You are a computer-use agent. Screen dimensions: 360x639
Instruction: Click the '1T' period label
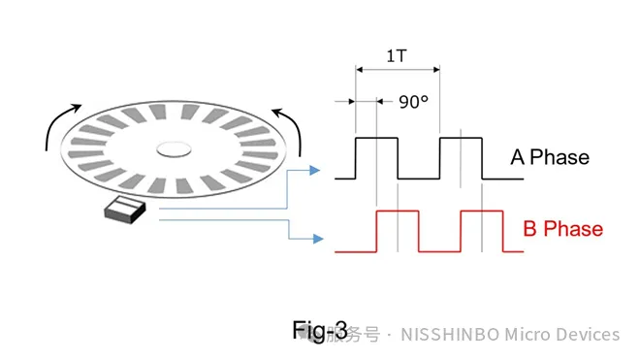(397, 55)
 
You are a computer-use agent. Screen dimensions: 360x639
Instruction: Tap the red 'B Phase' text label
(562, 229)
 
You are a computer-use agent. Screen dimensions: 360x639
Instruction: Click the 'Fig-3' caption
(319, 330)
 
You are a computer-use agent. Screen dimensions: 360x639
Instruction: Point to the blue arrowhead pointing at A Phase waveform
(314, 172)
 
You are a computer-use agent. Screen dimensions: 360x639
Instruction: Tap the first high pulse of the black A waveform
(377, 140)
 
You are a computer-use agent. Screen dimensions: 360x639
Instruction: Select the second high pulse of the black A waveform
(460, 140)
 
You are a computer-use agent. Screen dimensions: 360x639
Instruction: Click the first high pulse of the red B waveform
(398, 212)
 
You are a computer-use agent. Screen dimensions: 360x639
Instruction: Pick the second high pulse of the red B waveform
(481, 212)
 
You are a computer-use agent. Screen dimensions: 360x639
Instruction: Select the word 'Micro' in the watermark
(525, 335)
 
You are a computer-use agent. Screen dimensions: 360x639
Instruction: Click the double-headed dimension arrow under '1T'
(398, 70)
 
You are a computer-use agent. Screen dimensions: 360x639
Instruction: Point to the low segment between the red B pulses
(439, 251)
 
